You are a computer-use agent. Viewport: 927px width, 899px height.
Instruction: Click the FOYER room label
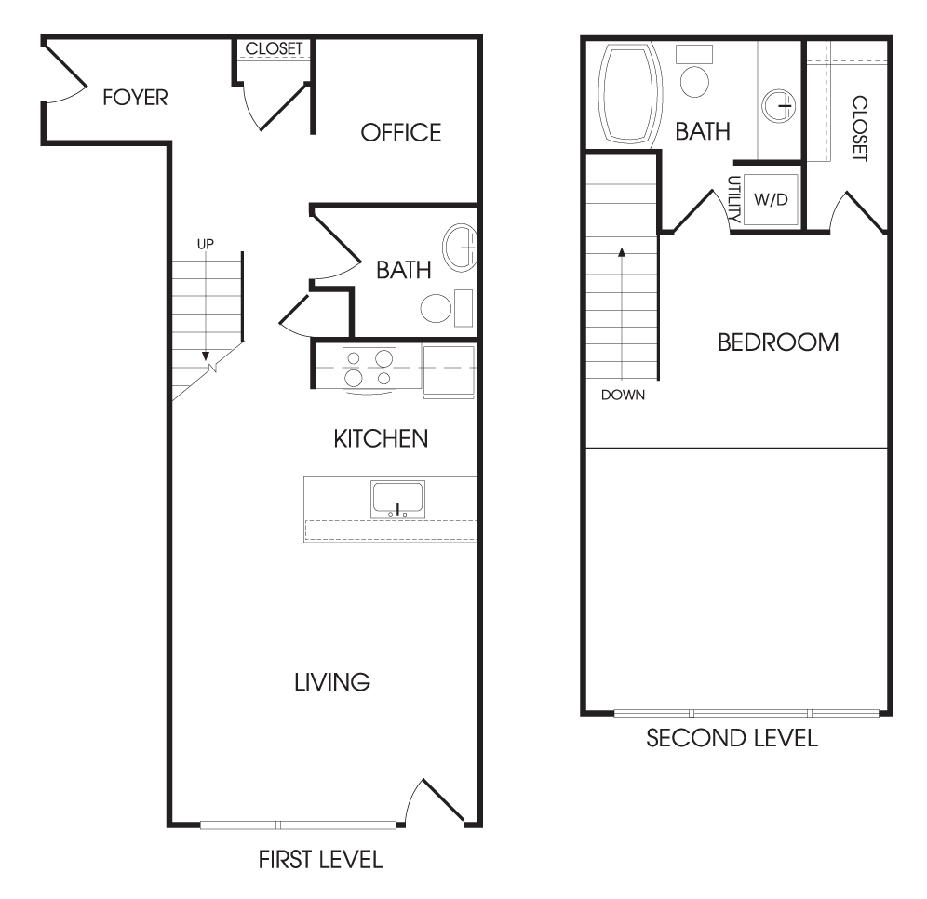[135, 98]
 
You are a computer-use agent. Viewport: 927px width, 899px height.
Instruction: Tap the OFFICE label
[401, 133]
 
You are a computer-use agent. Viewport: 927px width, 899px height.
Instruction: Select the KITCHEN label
[381, 438]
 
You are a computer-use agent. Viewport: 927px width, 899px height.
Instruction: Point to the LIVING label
[332, 682]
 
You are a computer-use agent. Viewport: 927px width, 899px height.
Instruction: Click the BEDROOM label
[778, 342]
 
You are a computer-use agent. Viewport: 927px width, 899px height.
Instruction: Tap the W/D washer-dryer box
[771, 199]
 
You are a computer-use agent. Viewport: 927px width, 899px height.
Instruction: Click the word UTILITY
[734, 199]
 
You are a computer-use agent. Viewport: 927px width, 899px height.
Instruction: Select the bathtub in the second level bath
[630, 95]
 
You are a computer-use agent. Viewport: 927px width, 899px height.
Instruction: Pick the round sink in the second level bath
[779, 106]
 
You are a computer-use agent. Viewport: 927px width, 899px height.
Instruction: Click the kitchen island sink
[397, 500]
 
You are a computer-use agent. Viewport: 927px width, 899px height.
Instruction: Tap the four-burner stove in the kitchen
[369, 368]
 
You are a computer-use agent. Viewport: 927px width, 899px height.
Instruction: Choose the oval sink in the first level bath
[460, 248]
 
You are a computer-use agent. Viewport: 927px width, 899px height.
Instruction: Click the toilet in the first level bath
[447, 308]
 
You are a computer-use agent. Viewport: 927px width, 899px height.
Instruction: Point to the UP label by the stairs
[206, 244]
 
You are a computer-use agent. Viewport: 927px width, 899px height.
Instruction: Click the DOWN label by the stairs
[624, 395]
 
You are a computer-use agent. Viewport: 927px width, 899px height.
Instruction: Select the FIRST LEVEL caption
[321, 860]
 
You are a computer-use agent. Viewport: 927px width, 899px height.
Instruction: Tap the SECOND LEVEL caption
[732, 738]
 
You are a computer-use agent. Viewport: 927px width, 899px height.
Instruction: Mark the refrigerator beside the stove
[449, 371]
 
